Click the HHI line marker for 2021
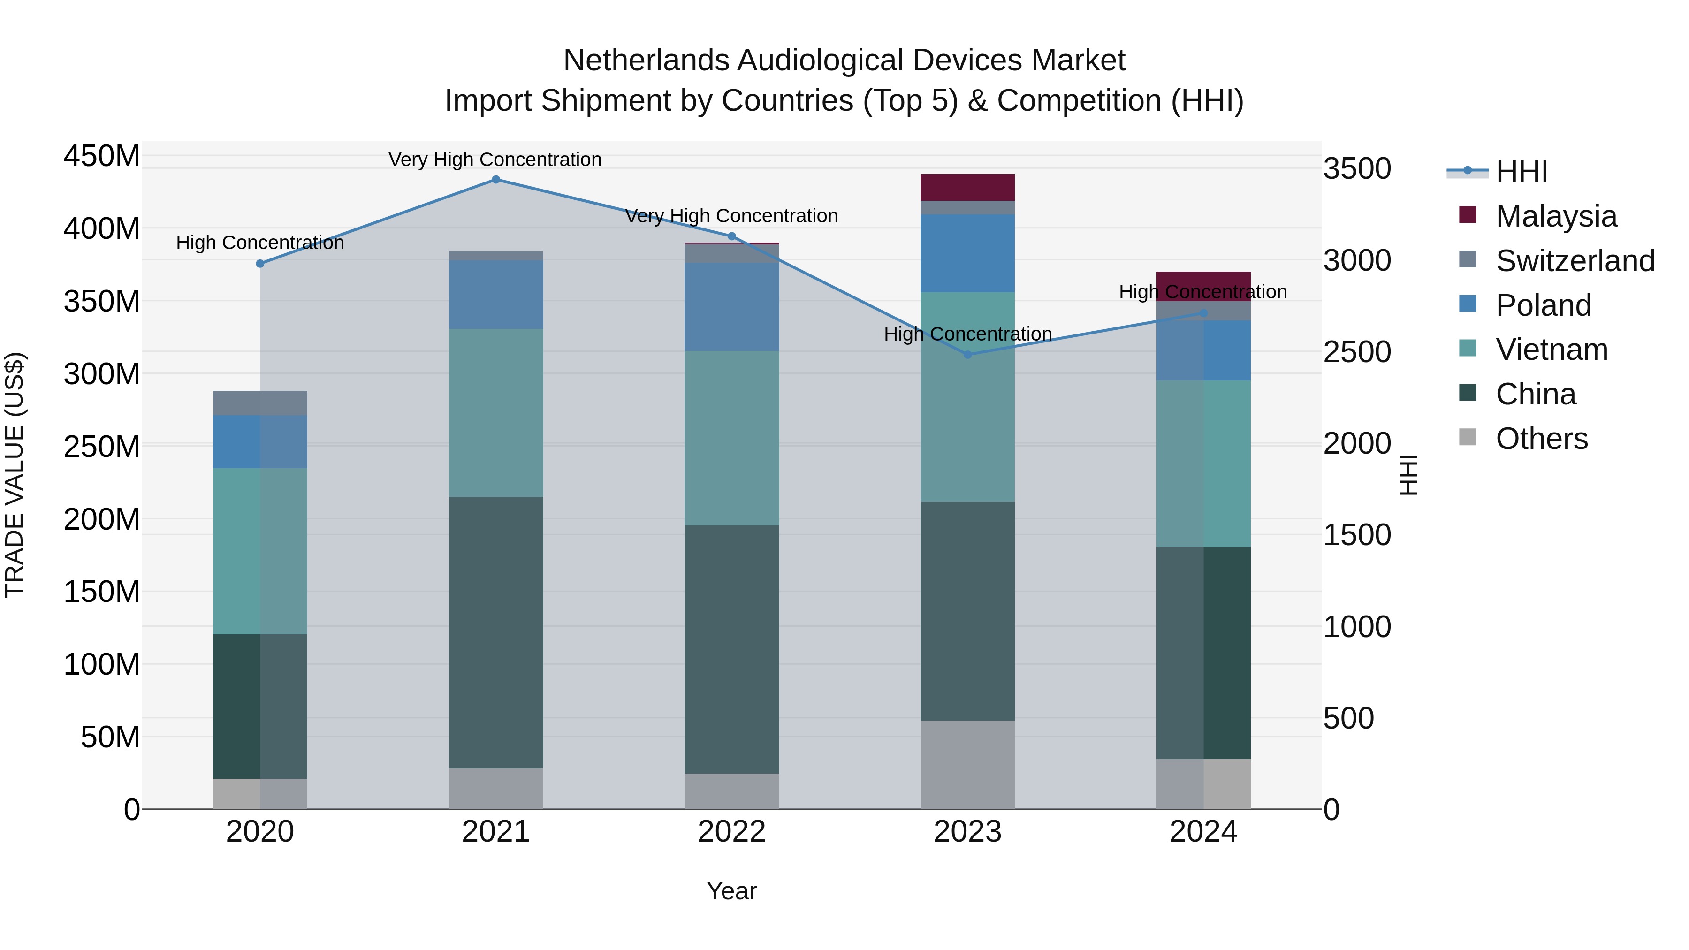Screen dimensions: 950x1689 496,180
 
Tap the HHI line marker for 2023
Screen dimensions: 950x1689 968,355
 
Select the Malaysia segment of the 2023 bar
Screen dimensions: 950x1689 968,188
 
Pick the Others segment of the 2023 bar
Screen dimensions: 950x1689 968,765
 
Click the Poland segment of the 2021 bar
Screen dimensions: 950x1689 496,294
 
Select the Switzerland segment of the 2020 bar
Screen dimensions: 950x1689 260,403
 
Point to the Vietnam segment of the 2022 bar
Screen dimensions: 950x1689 732,438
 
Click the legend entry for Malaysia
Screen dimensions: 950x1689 1556,216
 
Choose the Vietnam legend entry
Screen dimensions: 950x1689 1552,350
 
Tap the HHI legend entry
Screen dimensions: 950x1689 1521,172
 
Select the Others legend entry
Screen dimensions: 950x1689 1542,439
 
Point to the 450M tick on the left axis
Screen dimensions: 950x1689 102,157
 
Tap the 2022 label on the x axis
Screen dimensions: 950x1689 732,832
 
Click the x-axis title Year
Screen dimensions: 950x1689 732,891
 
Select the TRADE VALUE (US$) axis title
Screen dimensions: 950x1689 15,475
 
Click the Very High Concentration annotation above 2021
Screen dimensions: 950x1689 495,160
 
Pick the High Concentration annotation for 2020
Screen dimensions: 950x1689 260,243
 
